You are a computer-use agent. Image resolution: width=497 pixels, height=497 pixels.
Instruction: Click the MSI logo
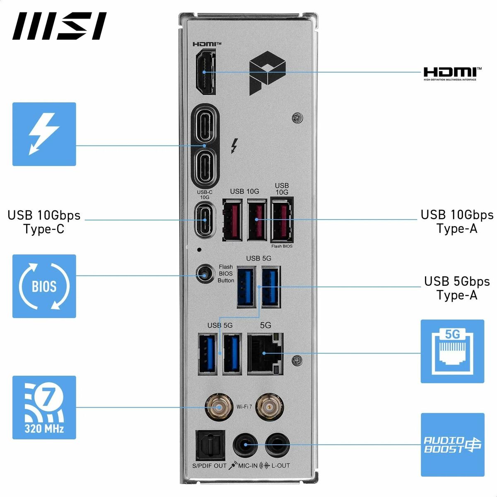(59, 26)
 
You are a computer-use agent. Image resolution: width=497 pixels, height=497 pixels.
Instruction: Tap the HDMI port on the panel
(205, 72)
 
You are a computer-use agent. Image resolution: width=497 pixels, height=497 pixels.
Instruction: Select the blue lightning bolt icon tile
(44, 134)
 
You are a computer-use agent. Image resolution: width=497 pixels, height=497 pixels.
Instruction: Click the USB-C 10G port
(205, 220)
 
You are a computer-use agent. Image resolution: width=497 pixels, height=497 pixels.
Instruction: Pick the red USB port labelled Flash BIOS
(282, 220)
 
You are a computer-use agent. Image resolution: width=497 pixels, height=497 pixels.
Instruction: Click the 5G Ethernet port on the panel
(265, 353)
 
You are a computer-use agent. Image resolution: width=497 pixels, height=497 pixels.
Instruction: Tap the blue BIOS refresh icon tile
(44, 286)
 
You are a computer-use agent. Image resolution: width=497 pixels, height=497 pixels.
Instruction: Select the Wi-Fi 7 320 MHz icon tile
(44, 407)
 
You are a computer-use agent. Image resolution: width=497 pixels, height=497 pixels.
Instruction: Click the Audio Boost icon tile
(452, 444)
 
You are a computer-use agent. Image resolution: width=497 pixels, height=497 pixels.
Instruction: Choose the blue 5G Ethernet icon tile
(452, 351)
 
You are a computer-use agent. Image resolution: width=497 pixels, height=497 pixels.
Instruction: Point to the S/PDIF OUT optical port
(210, 446)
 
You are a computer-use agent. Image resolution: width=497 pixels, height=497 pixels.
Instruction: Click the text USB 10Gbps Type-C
(44, 222)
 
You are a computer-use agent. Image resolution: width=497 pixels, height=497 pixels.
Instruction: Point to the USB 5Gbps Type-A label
(457, 288)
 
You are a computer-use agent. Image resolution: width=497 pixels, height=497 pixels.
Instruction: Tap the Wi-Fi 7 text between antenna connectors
(244, 407)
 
